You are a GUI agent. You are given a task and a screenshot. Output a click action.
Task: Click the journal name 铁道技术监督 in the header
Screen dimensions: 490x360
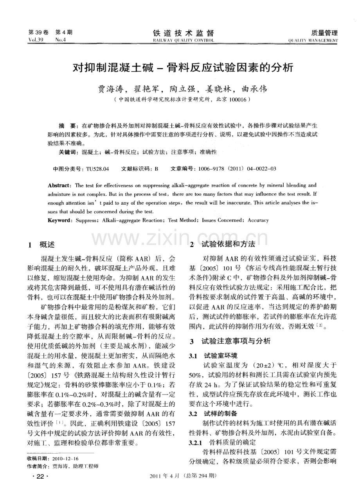tap(183, 33)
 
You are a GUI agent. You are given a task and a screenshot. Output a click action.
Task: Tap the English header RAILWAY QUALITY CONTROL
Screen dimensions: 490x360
tap(183, 40)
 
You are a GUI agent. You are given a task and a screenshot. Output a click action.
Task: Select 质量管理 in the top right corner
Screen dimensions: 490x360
tap(324, 33)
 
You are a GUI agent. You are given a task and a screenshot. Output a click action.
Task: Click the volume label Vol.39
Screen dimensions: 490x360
tap(36, 40)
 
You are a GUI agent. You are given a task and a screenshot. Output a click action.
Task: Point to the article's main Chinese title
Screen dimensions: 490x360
tap(183, 68)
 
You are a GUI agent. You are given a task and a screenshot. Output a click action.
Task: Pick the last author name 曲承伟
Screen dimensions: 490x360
tap(254, 89)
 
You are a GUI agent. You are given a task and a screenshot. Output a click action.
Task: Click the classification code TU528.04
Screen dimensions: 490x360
tap(97, 169)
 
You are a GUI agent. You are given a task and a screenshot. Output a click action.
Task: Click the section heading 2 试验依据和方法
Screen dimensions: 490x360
tap(222, 245)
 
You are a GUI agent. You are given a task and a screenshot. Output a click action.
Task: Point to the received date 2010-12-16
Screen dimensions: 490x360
tap(65, 458)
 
